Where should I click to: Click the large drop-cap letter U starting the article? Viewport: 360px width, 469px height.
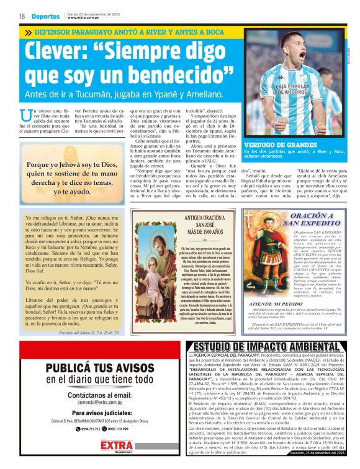pos(25,115)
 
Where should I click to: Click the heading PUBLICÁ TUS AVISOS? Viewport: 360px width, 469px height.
pos(91,367)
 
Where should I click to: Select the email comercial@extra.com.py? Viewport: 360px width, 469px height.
pos(91,401)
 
